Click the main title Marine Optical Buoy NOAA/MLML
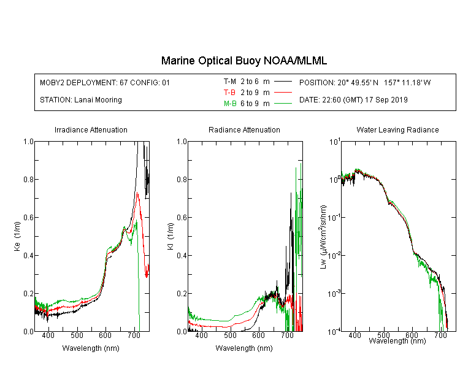click(243, 61)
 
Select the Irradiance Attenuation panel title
click(91, 129)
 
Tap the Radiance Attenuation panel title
click(244, 129)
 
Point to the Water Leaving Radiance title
click(397, 129)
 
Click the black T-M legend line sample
click(283, 82)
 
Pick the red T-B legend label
click(229, 93)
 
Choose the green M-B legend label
click(230, 103)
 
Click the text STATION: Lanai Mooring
click(81, 100)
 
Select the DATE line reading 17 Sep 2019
click(353, 100)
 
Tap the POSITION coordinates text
click(365, 82)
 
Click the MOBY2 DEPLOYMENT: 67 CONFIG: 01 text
click(105, 82)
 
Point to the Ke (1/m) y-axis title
click(17, 236)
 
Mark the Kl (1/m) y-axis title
click(171, 236)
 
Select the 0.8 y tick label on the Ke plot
click(29, 179)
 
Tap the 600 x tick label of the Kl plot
click(258, 335)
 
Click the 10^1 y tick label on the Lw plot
click(335, 142)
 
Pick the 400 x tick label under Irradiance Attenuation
click(48, 335)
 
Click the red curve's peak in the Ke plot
click(137, 193)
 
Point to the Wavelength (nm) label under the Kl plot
click(244, 348)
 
